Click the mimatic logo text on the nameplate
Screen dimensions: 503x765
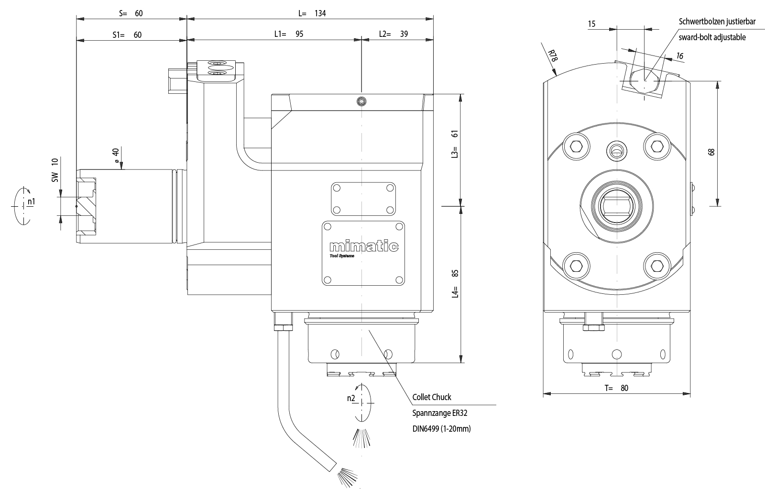coord(364,246)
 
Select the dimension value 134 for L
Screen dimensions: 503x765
coord(320,13)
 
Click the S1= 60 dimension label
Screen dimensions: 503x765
coord(127,35)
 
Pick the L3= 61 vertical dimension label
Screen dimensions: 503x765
coord(455,145)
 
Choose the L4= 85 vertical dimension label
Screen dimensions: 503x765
coord(455,283)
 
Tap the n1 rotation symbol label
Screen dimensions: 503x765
coord(31,202)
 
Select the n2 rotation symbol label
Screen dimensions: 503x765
coord(350,398)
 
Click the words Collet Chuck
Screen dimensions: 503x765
coord(431,397)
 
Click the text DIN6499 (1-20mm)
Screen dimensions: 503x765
coord(441,429)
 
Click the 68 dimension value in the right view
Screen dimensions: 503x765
coord(711,152)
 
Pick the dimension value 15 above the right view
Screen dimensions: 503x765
coord(592,23)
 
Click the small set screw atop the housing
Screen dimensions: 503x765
coord(362,101)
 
